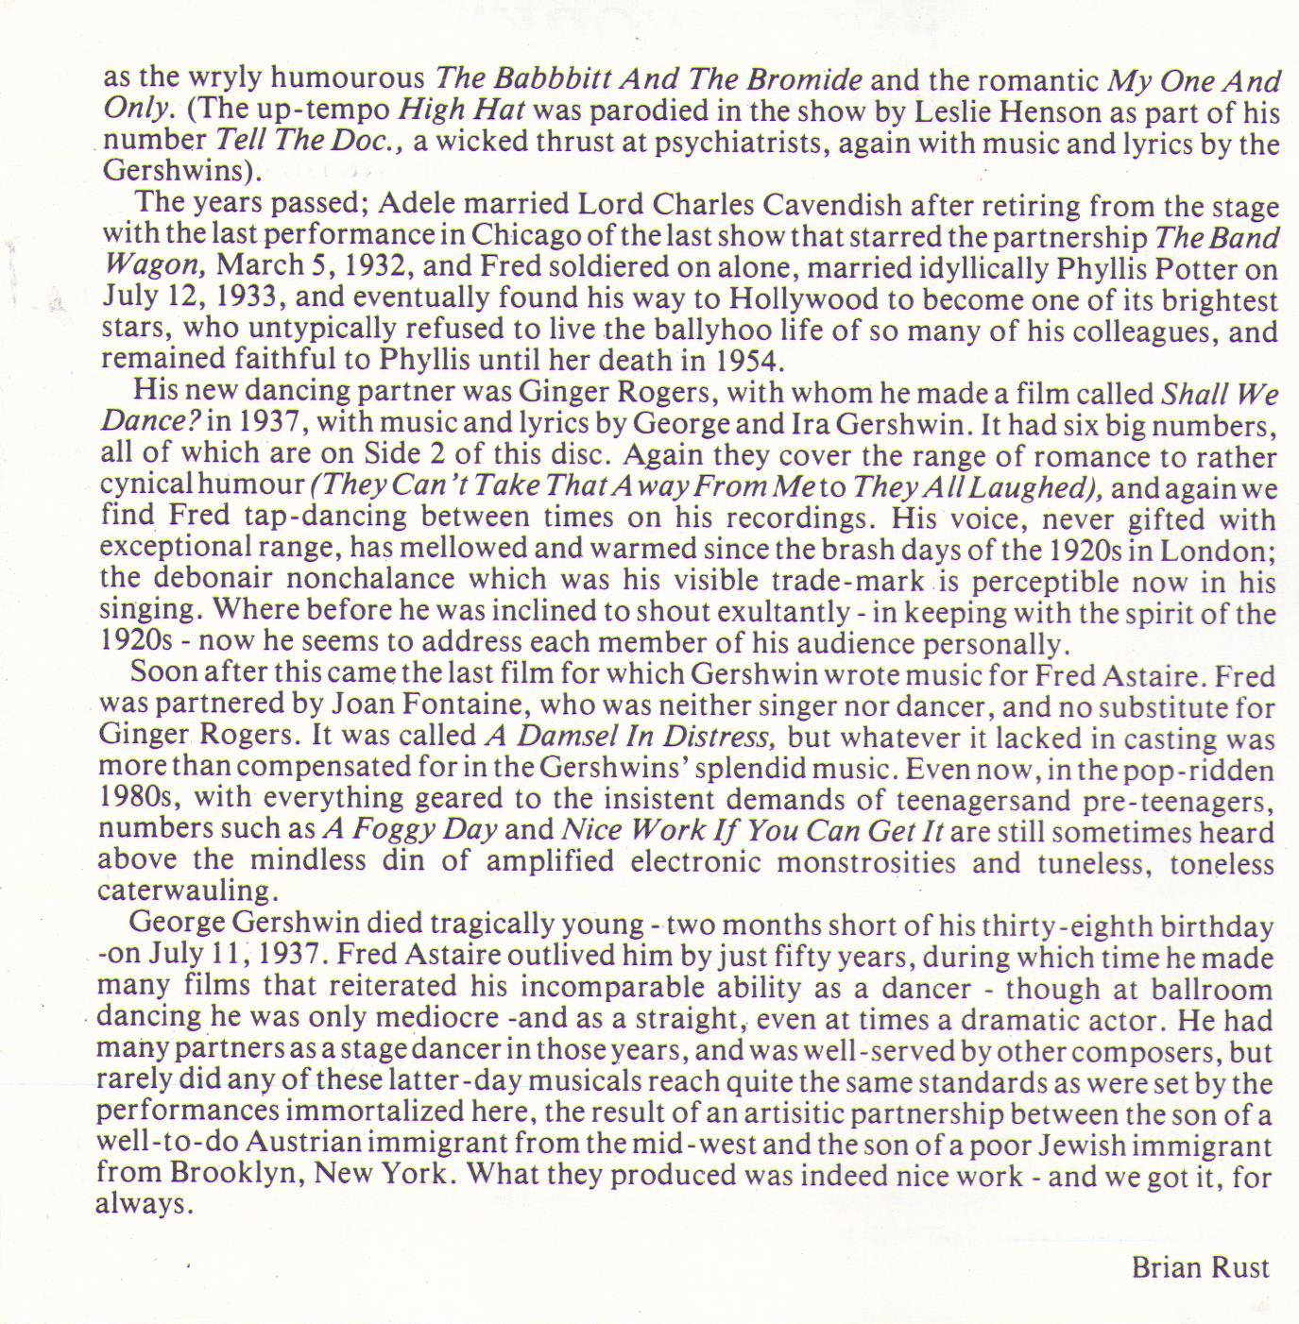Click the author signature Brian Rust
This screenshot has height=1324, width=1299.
[1200, 1266]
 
